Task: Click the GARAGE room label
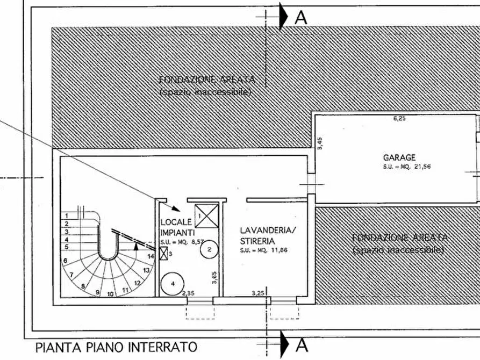[x=399, y=157]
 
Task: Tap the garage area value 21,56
[x=421, y=167]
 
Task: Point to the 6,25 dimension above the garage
[x=399, y=119]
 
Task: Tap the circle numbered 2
[x=211, y=249]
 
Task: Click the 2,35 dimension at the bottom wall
[x=188, y=293]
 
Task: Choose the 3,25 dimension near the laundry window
[x=259, y=293]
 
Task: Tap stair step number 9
[x=97, y=292]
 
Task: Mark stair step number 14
[x=151, y=257]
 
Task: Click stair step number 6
[x=65, y=261]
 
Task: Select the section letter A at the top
[x=301, y=17]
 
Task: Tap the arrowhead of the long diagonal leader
[x=177, y=208]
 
